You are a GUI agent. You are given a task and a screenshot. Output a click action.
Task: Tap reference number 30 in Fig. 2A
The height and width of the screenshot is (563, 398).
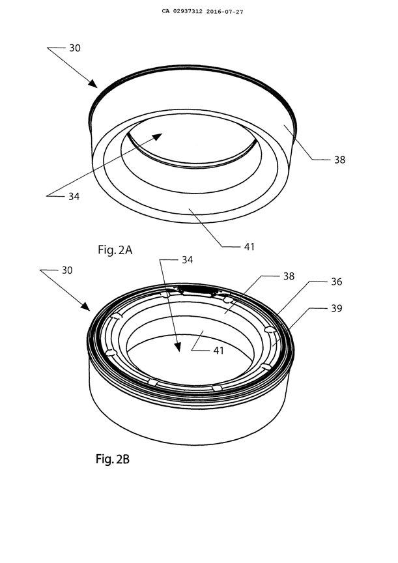(76, 48)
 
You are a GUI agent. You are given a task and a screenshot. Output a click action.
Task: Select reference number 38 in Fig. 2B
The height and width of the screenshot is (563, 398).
(289, 276)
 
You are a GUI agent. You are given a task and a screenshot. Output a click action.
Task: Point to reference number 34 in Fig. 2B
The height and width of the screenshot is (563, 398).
(187, 260)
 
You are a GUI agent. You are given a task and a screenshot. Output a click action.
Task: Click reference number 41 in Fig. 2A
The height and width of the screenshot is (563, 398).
(248, 246)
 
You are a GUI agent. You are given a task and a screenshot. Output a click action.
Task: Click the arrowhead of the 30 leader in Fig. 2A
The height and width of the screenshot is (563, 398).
(95, 84)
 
